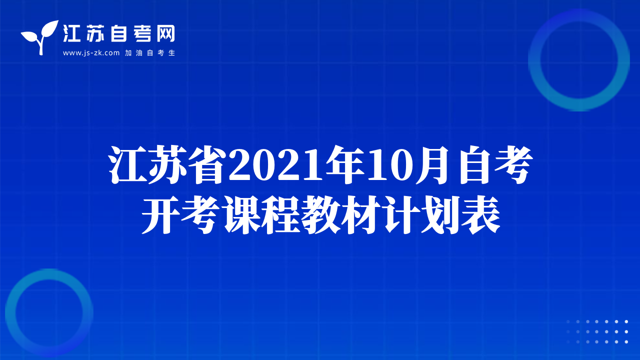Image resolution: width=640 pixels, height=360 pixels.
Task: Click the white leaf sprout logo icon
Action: tap(40, 37)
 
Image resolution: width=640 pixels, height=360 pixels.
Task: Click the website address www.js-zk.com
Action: tap(91, 53)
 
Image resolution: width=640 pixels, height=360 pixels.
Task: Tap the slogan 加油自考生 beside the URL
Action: tap(150, 53)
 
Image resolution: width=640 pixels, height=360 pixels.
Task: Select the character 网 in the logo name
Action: tap(165, 33)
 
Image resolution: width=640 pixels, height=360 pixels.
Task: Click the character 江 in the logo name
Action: tap(71, 33)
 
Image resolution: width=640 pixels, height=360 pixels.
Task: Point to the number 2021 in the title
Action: tap(276, 165)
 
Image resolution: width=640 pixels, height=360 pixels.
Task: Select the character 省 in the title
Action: tap(207, 165)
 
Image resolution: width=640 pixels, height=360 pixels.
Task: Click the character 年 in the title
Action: tap(345, 165)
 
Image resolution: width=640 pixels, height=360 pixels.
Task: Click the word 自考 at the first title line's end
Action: tap(495, 165)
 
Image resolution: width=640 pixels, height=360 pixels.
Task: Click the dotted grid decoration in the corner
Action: tap(597, 331)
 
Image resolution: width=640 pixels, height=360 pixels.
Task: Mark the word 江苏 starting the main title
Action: tap(147, 165)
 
